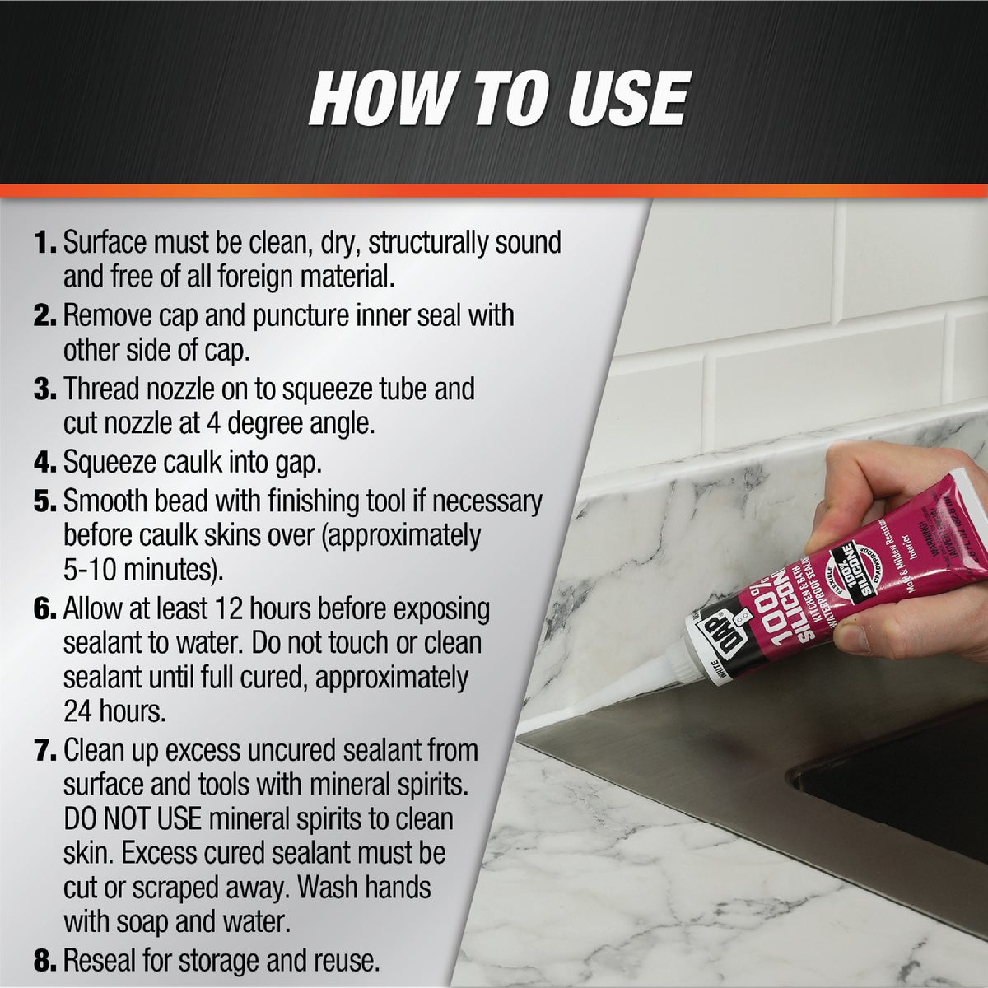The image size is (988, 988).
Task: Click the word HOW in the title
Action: pos(380,99)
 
